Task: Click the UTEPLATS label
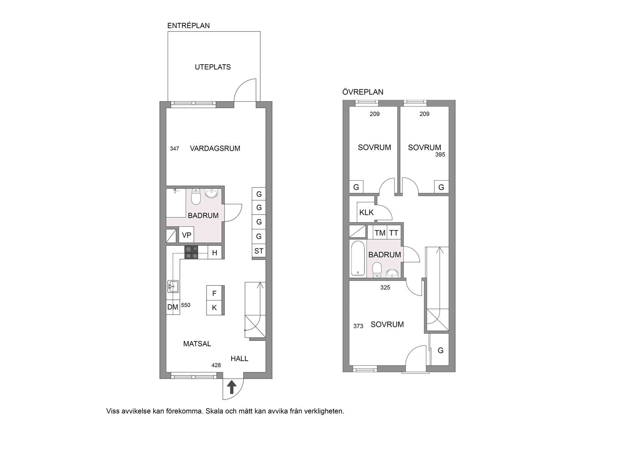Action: click(x=213, y=67)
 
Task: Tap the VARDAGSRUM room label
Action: click(x=215, y=148)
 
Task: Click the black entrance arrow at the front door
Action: click(x=232, y=387)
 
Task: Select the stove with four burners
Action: click(x=191, y=252)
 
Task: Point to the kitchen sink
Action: click(x=173, y=286)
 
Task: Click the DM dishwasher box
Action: click(x=173, y=307)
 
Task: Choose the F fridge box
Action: click(x=215, y=293)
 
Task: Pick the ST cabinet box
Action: click(x=259, y=251)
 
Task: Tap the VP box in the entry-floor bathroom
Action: click(x=186, y=235)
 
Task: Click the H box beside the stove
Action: click(x=215, y=253)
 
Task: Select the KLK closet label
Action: click(x=367, y=213)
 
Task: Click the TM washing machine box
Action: click(x=380, y=233)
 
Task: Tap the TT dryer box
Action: click(x=394, y=233)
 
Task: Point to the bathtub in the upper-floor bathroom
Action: click(x=358, y=258)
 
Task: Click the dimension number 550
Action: click(x=186, y=305)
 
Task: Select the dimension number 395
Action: click(x=440, y=154)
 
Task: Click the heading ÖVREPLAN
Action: click(x=363, y=92)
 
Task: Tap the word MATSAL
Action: click(x=197, y=344)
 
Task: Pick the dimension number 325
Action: click(x=385, y=288)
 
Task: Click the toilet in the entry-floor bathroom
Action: click(x=196, y=196)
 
